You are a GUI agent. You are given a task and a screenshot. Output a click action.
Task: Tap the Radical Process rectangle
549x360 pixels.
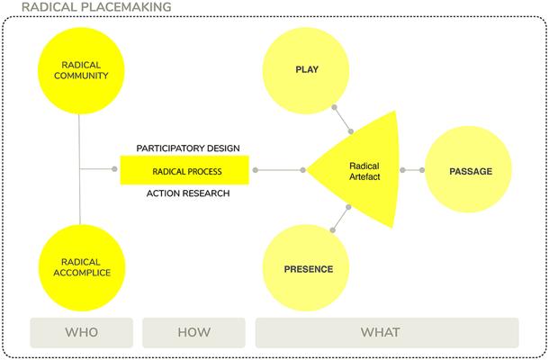(x=187, y=169)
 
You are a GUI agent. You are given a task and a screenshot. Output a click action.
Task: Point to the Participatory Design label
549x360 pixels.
(x=187, y=147)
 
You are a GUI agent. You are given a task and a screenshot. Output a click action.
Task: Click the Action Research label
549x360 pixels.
(x=187, y=193)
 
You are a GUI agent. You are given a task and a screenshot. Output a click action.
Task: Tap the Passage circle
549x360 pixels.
(x=471, y=170)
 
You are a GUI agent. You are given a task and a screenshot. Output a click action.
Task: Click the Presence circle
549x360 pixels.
(x=308, y=269)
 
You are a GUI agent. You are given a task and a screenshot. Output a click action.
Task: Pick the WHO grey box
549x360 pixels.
(x=81, y=332)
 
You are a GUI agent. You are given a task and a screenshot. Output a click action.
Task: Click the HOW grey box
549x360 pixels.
(x=193, y=332)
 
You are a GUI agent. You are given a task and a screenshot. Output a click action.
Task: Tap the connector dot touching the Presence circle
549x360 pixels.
(x=335, y=231)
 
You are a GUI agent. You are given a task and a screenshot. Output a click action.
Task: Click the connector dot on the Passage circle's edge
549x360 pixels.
(x=422, y=170)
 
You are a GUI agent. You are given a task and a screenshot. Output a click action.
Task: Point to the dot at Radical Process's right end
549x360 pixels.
(x=255, y=169)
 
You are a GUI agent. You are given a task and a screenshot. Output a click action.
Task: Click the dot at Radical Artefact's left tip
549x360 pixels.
(x=304, y=169)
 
